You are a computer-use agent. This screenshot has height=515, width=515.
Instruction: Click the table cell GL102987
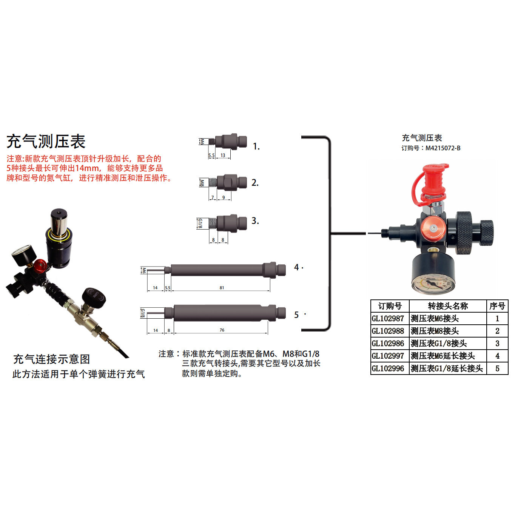point(388,319)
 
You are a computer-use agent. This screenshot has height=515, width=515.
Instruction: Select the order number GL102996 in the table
point(388,369)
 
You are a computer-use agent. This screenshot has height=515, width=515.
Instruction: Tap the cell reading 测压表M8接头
point(435,331)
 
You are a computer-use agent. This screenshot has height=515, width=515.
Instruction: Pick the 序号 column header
point(497,306)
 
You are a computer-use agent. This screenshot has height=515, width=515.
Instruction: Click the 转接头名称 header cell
point(448,306)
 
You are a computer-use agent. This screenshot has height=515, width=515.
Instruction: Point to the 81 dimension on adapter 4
point(222,288)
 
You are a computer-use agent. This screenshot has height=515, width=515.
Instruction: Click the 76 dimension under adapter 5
point(222,330)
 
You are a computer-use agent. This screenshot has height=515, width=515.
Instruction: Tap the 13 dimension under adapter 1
point(223,155)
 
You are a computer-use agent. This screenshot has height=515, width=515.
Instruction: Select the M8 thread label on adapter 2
point(202,183)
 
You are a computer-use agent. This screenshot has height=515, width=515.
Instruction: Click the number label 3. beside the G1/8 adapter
point(255,221)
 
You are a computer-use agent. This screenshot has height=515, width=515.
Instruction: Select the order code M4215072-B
point(443,148)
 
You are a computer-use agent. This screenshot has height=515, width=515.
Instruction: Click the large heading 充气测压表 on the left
point(46,142)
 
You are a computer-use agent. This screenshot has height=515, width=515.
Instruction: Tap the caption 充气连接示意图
point(52,359)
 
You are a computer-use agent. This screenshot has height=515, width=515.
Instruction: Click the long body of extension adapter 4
point(217,270)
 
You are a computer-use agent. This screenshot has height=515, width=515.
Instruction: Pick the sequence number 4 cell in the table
point(497,356)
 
